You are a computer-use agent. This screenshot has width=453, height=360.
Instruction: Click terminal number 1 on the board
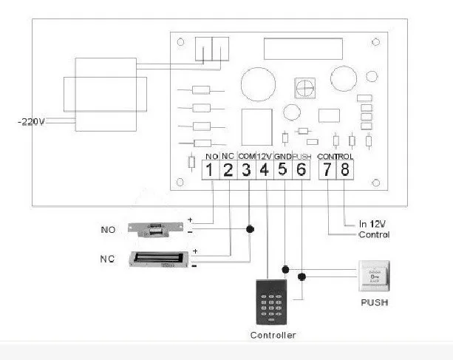coord(211,171)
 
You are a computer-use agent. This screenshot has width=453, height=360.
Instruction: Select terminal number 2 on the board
coord(228,171)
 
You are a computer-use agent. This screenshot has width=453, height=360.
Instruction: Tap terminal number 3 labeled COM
coord(247,171)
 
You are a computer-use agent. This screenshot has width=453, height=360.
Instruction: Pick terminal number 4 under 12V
coord(265,171)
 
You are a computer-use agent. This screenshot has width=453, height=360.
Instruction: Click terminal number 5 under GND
coord(282,171)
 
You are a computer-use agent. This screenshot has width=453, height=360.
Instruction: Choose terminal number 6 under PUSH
coord(301,171)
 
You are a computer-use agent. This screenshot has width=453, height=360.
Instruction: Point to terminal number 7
coord(327,171)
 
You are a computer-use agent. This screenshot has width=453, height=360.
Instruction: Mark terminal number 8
coord(345,171)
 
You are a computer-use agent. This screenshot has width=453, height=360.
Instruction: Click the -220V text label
coord(31,122)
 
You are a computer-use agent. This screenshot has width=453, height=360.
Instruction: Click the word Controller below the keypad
coord(273,335)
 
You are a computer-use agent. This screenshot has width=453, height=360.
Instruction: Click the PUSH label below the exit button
coord(375,303)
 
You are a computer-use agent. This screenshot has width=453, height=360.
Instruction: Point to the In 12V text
coord(373,223)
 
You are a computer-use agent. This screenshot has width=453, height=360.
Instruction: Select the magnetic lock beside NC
coord(157,259)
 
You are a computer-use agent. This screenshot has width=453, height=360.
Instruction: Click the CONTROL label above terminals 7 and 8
coord(335,157)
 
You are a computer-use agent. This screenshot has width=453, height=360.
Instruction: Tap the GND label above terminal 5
coord(282,157)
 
